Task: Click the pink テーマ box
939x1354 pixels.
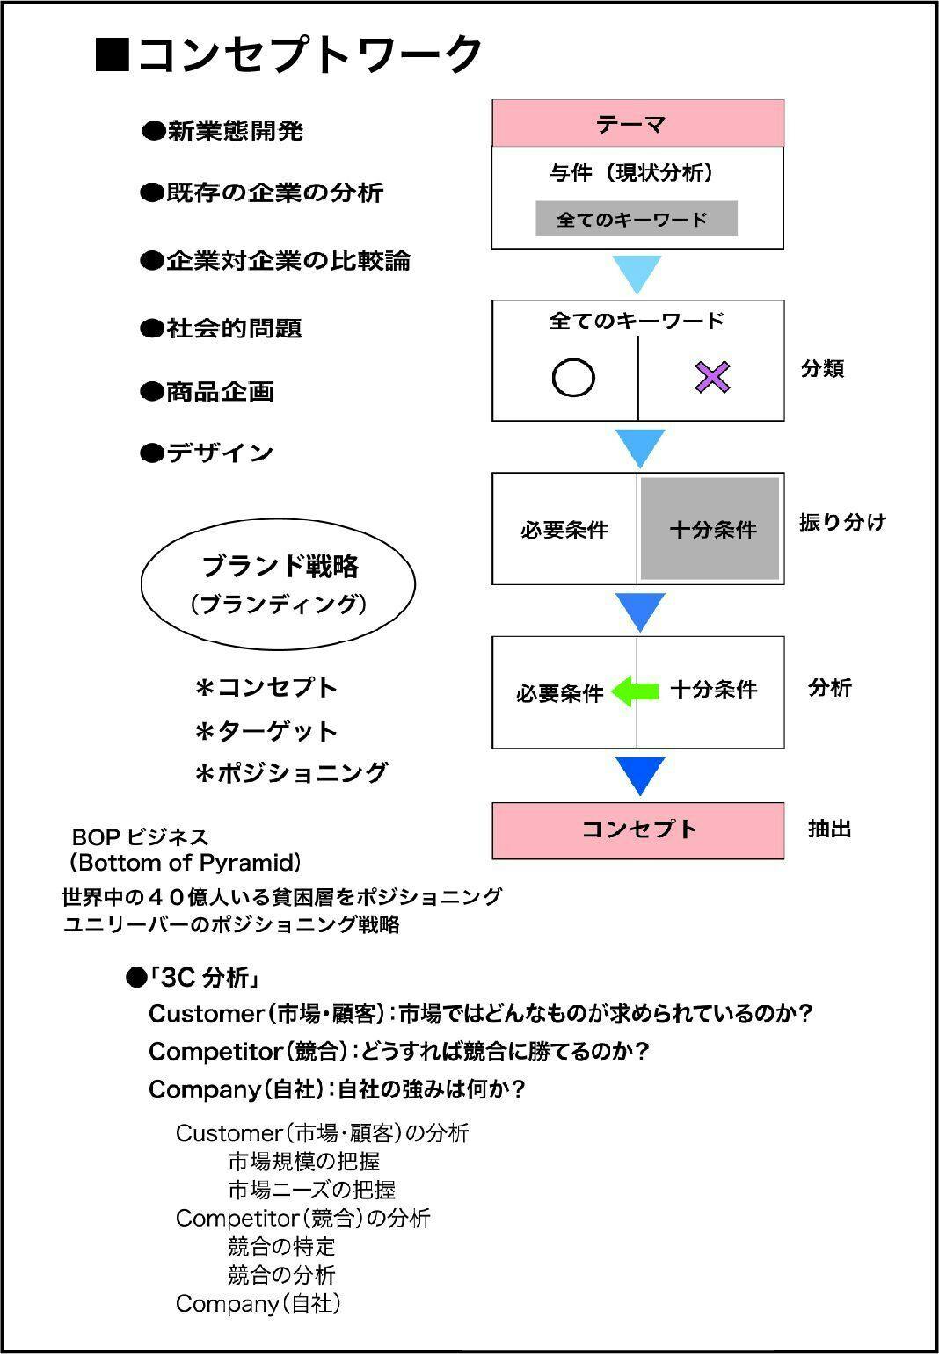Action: coord(637,123)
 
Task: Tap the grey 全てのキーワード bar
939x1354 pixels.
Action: coord(636,219)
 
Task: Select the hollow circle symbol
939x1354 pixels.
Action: coord(573,378)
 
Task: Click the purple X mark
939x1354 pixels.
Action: coord(712,377)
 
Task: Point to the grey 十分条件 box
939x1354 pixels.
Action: coord(710,529)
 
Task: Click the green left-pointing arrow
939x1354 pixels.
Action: coord(635,691)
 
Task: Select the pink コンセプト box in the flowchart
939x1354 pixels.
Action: coord(637,829)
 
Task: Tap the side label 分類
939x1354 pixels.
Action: coord(822,368)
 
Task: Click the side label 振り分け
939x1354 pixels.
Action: coord(841,522)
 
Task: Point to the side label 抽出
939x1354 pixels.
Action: coord(829,829)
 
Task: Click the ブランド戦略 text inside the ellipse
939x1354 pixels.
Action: coord(280,567)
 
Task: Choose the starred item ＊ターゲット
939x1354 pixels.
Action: coord(266,731)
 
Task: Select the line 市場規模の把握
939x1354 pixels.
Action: coord(303,1162)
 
